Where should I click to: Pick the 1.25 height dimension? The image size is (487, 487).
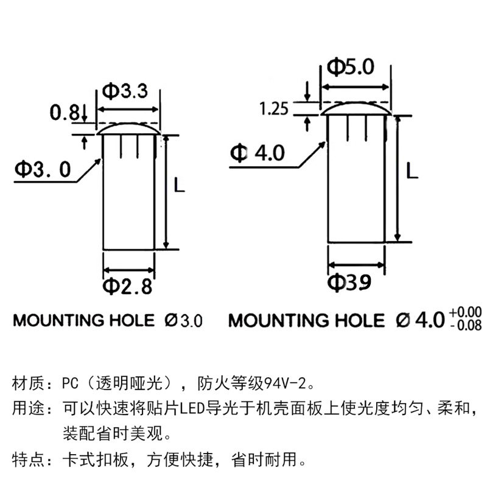(x=274, y=110)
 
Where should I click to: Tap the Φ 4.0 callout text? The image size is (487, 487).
(x=257, y=153)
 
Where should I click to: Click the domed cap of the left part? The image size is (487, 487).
(x=128, y=128)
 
